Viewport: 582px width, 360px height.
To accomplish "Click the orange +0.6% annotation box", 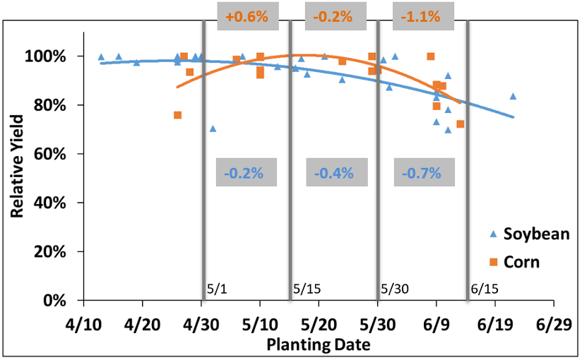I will tap(247, 16).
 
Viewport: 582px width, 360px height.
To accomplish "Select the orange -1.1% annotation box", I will tap(422, 16).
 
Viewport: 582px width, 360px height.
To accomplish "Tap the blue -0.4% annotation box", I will tap(334, 172).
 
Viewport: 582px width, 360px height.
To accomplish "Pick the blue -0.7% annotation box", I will tap(422, 172).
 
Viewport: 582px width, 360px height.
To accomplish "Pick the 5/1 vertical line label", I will tap(216, 289).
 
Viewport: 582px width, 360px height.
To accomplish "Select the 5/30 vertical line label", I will tap(394, 289).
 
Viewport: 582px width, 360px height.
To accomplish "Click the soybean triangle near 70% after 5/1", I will tap(213, 128).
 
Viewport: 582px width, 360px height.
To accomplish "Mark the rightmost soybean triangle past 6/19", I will tap(513, 96).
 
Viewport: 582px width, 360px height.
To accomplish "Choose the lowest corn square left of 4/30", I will tap(177, 115).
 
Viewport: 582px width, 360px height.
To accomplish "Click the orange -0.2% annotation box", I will tap(334, 16).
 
